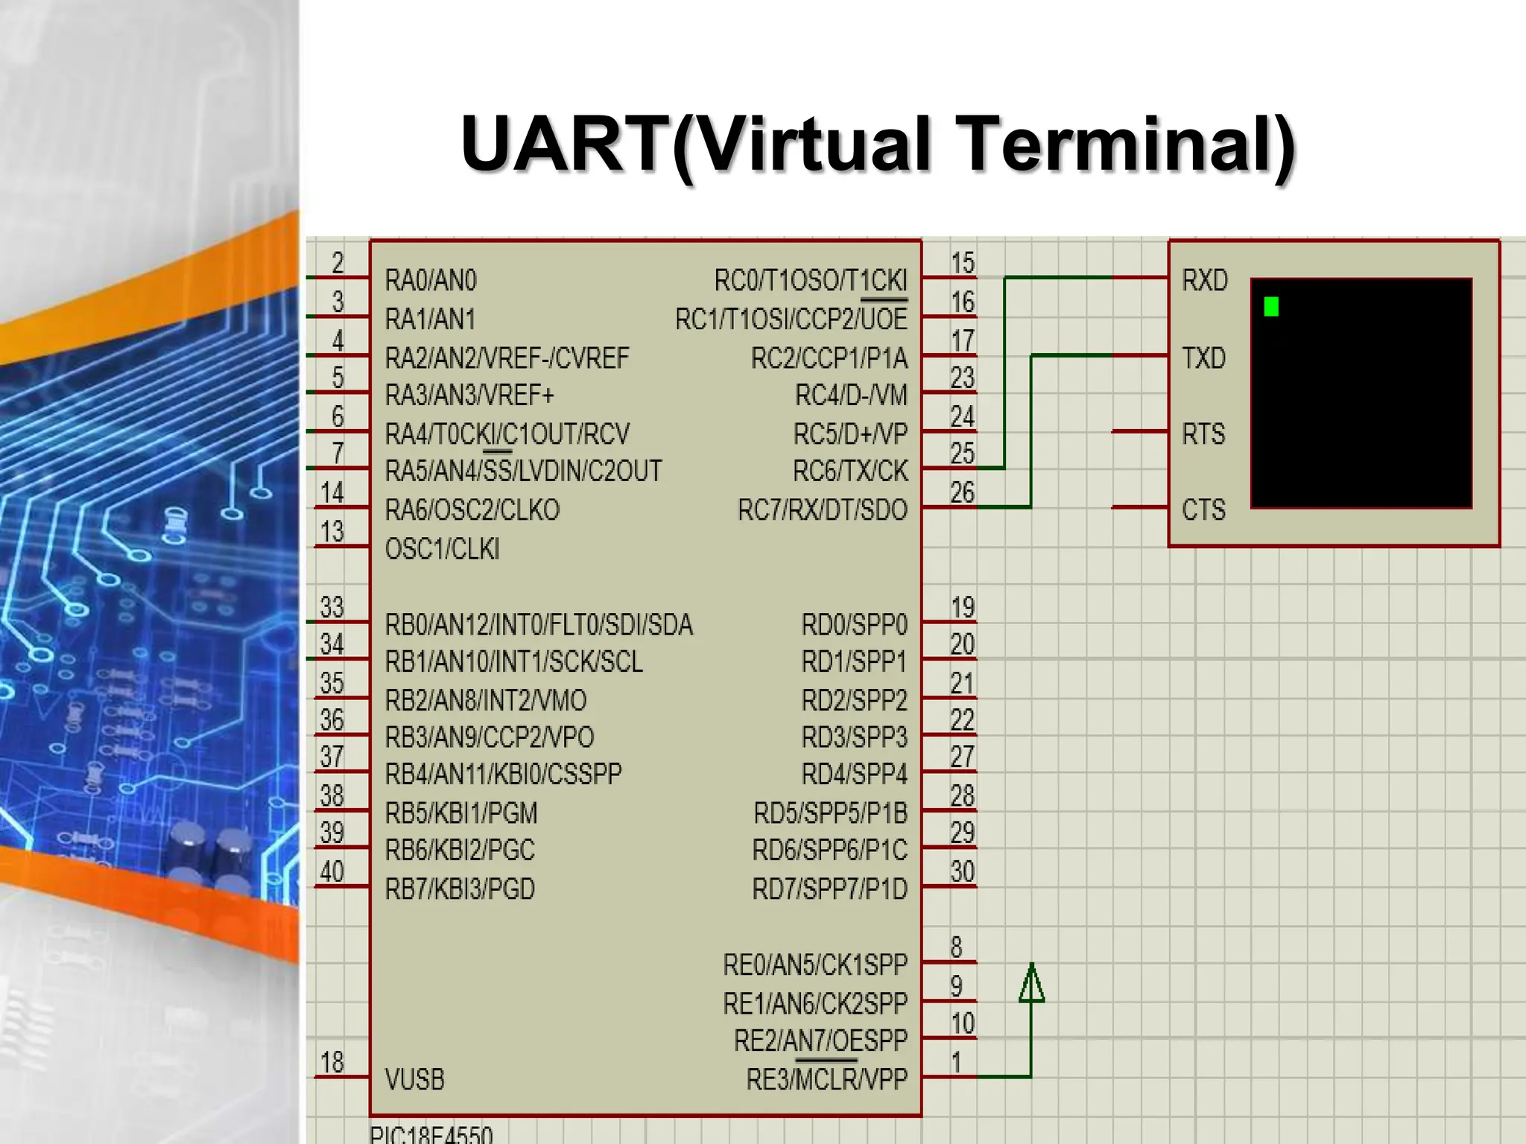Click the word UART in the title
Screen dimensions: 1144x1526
click(565, 143)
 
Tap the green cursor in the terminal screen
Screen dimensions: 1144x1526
click(1271, 306)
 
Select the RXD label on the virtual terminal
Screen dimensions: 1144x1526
click(1204, 281)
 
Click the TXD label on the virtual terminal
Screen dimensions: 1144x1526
click(1203, 358)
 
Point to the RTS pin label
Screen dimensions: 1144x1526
click(1203, 434)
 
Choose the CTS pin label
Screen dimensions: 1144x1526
click(1203, 510)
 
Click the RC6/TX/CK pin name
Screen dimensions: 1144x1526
click(850, 471)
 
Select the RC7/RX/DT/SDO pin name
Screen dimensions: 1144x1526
click(823, 510)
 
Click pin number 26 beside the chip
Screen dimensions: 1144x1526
click(962, 492)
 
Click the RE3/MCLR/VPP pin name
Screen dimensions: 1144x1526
click(827, 1079)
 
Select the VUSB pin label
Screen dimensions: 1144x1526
click(414, 1079)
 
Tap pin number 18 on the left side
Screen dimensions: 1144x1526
click(332, 1062)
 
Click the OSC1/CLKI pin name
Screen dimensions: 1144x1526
click(442, 550)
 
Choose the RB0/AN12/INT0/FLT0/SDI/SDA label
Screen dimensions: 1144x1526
click(539, 625)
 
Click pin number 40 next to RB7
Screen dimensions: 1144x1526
click(332, 871)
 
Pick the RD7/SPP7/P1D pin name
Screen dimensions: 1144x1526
click(830, 889)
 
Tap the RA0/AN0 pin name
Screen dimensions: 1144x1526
click(431, 281)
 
